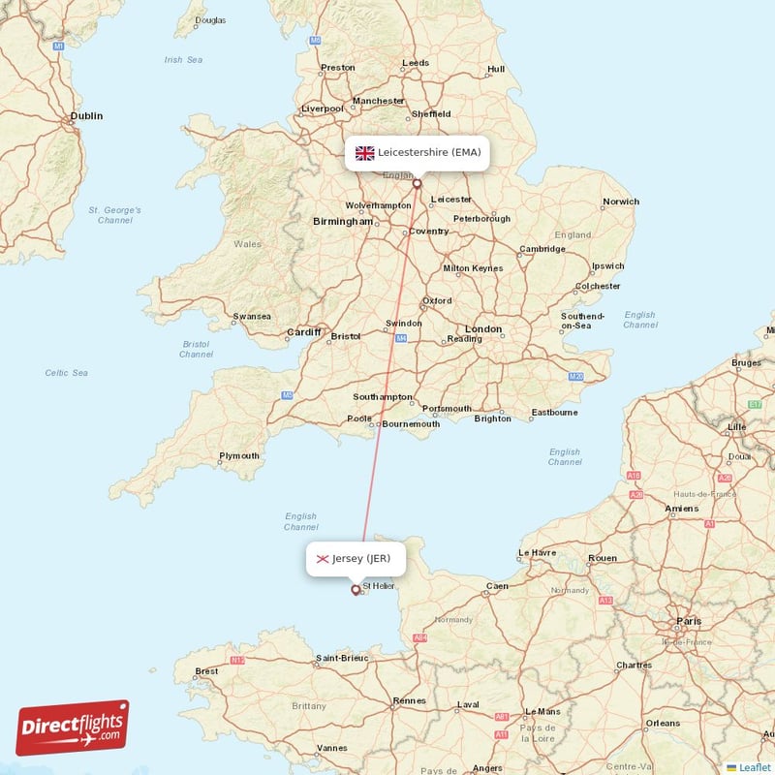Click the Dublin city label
point(85,116)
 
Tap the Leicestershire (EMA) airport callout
point(417,153)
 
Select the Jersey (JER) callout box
point(356,559)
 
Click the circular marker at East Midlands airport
point(418,183)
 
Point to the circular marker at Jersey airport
point(356,589)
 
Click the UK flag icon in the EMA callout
point(365,153)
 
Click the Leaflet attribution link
point(754,766)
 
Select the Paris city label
point(690,621)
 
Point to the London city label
point(482,329)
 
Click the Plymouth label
point(239,456)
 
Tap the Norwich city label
point(620,202)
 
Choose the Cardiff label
point(303,333)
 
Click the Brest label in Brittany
point(206,671)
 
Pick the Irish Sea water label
point(183,60)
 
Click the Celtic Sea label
point(66,373)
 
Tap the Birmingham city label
point(342,222)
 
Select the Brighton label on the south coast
point(493,418)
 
